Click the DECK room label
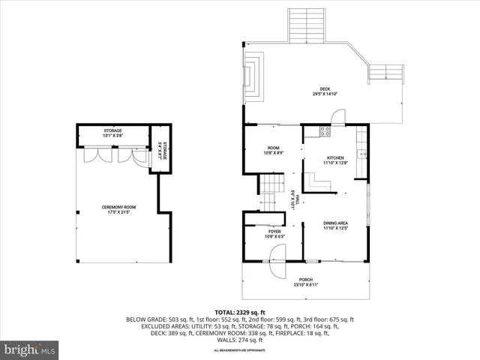pyautogui.click(x=325, y=89)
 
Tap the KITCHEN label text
pyautogui.click(x=334, y=157)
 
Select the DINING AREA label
pyautogui.click(x=334, y=223)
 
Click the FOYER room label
pyautogui.click(x=274, y=232)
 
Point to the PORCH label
pyautogui.click(x=305, y=280)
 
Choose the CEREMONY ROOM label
pyautogui.click(x=118, y=207)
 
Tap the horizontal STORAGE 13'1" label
pyautogui.click(x=112, y=130)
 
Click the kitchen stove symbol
pyautogui.click(x=325, y=131)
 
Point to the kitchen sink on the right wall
pyautogui.click(x=362, y=154)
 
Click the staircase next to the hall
pyautogui.click(x=269, y=191)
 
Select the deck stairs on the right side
pyautogui.click(x=385, y=73)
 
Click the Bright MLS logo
pyautogui.click(x=30, y=349)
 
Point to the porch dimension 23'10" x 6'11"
pyautogui.click(x=305, y=285)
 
